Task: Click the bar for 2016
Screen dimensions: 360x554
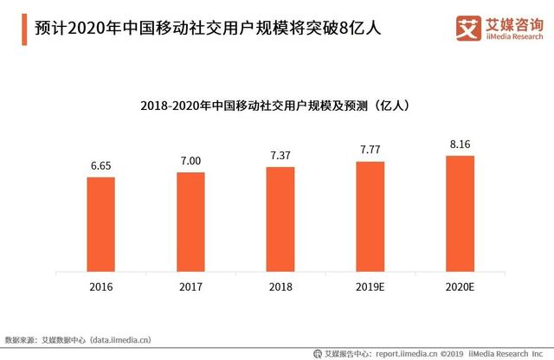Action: coord(100,224)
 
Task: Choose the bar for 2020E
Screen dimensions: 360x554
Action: coord(460,214)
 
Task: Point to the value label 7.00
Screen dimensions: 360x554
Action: coord(190,160)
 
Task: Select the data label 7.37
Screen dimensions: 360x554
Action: coord(280,155)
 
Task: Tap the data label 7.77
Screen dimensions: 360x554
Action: coord(370,150)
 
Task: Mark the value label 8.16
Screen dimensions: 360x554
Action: coord(460,144)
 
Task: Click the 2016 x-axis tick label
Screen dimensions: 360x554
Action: coord(100,286)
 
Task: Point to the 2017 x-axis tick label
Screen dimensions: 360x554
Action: coord(190,286)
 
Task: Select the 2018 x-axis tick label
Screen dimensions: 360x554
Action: coord(280,286)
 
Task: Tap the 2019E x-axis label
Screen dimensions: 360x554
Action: coord(370,286)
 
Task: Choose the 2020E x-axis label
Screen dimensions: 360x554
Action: coord(460,286)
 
